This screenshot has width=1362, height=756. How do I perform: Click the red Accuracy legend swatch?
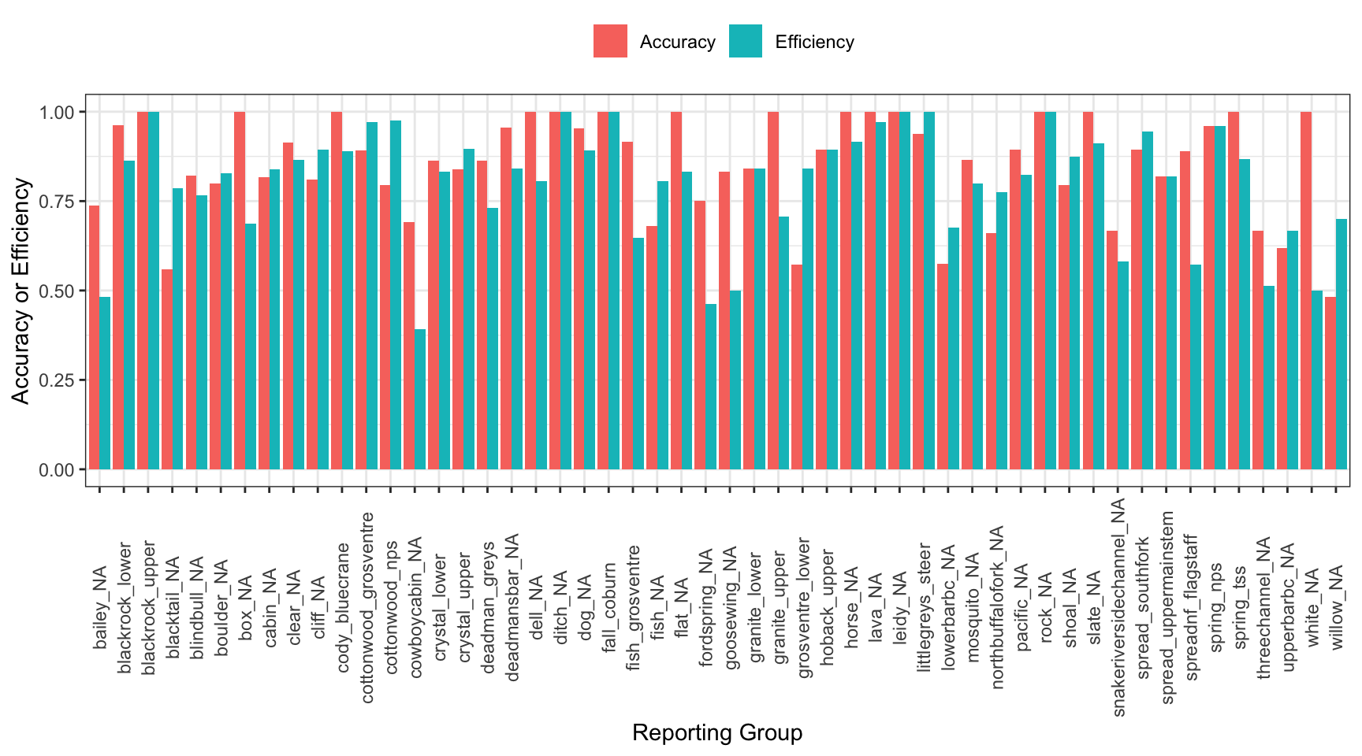610,41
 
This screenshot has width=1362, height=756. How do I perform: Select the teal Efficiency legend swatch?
746,41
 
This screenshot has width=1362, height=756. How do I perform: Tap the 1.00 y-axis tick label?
57,113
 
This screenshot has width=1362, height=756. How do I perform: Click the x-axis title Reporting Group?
716,732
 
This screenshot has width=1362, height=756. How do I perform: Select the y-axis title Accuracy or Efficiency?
20,291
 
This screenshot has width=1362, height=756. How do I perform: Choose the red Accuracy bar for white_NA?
1306,291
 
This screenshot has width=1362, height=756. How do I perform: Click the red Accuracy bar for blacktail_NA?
167,369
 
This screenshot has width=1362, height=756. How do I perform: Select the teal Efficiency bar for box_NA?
251,346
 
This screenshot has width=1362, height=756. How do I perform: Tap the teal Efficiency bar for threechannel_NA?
1269,377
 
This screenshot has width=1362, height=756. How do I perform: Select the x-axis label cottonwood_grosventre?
367,607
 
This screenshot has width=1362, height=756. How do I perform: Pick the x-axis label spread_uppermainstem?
1167,607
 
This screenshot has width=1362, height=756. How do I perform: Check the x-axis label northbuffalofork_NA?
998,607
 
